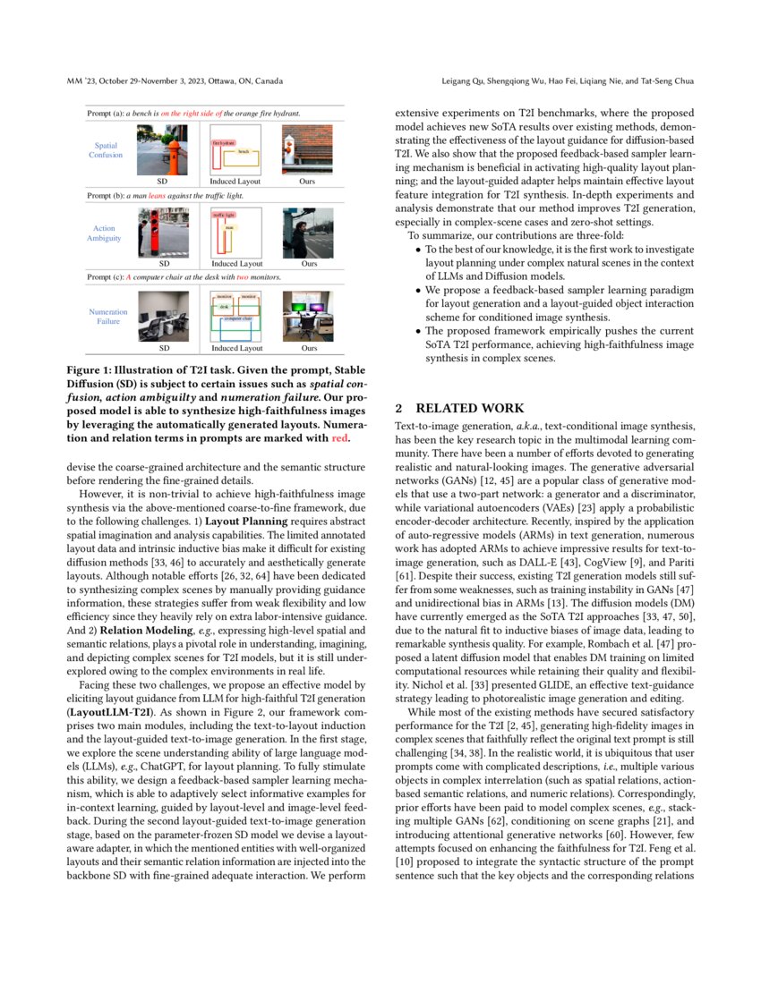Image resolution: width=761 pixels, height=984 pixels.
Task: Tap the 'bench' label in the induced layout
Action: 243,151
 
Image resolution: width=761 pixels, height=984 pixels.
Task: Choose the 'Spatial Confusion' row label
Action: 106,149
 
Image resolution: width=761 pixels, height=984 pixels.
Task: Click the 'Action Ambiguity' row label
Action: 106,233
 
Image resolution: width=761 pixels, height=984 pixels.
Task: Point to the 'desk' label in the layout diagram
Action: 225,306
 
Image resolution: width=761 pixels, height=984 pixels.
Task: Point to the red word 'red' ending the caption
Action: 340,438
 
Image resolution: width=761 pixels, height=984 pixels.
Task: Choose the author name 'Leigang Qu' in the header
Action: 462,81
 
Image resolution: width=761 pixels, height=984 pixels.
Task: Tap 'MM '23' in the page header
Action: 81,81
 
